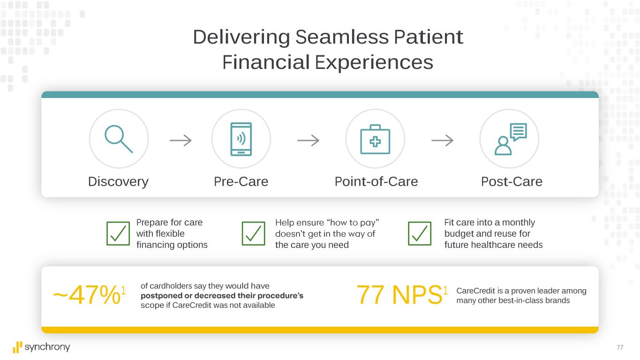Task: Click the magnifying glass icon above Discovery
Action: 118,139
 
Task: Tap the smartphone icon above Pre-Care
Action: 241,139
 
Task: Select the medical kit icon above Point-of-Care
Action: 375,139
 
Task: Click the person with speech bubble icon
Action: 511,139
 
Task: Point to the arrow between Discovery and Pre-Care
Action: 181,140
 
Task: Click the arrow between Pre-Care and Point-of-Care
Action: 309,140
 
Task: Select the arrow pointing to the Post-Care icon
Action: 442,140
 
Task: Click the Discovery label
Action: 118,182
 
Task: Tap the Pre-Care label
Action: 241,181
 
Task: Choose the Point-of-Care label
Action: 376,181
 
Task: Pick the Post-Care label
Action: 512,181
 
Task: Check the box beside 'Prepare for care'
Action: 118,233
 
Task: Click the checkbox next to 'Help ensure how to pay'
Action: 254,233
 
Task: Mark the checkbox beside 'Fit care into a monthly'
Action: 420,233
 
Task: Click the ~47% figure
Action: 90,295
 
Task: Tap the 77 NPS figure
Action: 402,295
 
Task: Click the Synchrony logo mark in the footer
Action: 17,347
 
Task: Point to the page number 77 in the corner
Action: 620,347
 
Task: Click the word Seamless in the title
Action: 342,37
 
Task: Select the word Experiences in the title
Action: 374,63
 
